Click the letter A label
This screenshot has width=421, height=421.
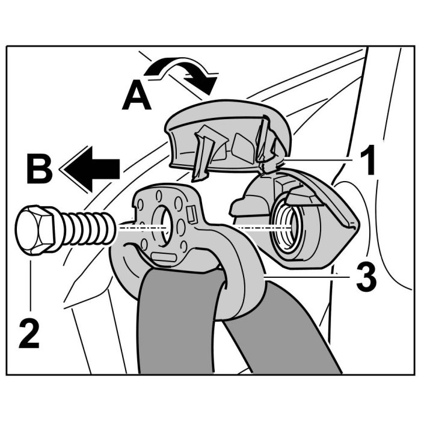click(x=137, y=97)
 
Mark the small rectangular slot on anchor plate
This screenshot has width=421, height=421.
click(x=192, y=213)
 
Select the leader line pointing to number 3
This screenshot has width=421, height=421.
click(x=307, y=275)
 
